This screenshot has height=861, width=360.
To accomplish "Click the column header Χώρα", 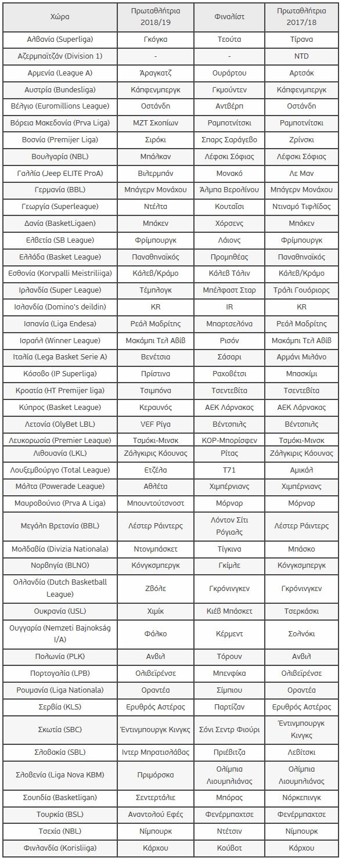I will [x=60, y=17].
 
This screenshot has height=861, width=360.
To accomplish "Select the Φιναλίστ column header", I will [x=229, y=17].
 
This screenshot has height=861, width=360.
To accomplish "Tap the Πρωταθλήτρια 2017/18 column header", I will [x=301, y=17].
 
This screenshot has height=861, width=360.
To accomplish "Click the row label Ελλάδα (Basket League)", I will [x=60, y=257].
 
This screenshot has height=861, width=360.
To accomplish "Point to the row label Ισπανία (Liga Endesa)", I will [x=60, y=323].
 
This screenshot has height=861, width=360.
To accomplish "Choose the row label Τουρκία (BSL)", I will [x=60, y=814].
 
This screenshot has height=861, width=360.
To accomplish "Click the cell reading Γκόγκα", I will [x=156, y=39].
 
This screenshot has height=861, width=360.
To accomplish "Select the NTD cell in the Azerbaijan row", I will [x=301, y=56].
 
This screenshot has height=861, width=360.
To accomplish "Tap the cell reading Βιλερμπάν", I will [x=156, y=173].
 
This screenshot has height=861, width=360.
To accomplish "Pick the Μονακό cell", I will [x=229, y=173].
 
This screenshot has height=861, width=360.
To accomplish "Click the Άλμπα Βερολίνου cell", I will [x=229, y=190].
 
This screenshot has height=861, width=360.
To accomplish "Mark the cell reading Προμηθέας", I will [x=229, y=257].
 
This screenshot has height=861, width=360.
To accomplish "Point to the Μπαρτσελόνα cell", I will [x=229, y=323].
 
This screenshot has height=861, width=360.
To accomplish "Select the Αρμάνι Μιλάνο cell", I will [x=301, y=356].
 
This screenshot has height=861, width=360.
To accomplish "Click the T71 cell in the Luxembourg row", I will [x=229, y=470].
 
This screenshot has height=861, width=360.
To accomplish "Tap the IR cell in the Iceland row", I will [x=229, y=307].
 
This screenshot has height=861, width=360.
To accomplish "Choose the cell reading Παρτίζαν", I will [x=229, y=707].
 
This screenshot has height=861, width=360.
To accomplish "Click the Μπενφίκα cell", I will [x=229, y=673].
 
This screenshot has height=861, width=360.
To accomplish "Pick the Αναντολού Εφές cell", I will [x=156, y=814].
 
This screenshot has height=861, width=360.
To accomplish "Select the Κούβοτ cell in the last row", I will [x=229, y=848].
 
